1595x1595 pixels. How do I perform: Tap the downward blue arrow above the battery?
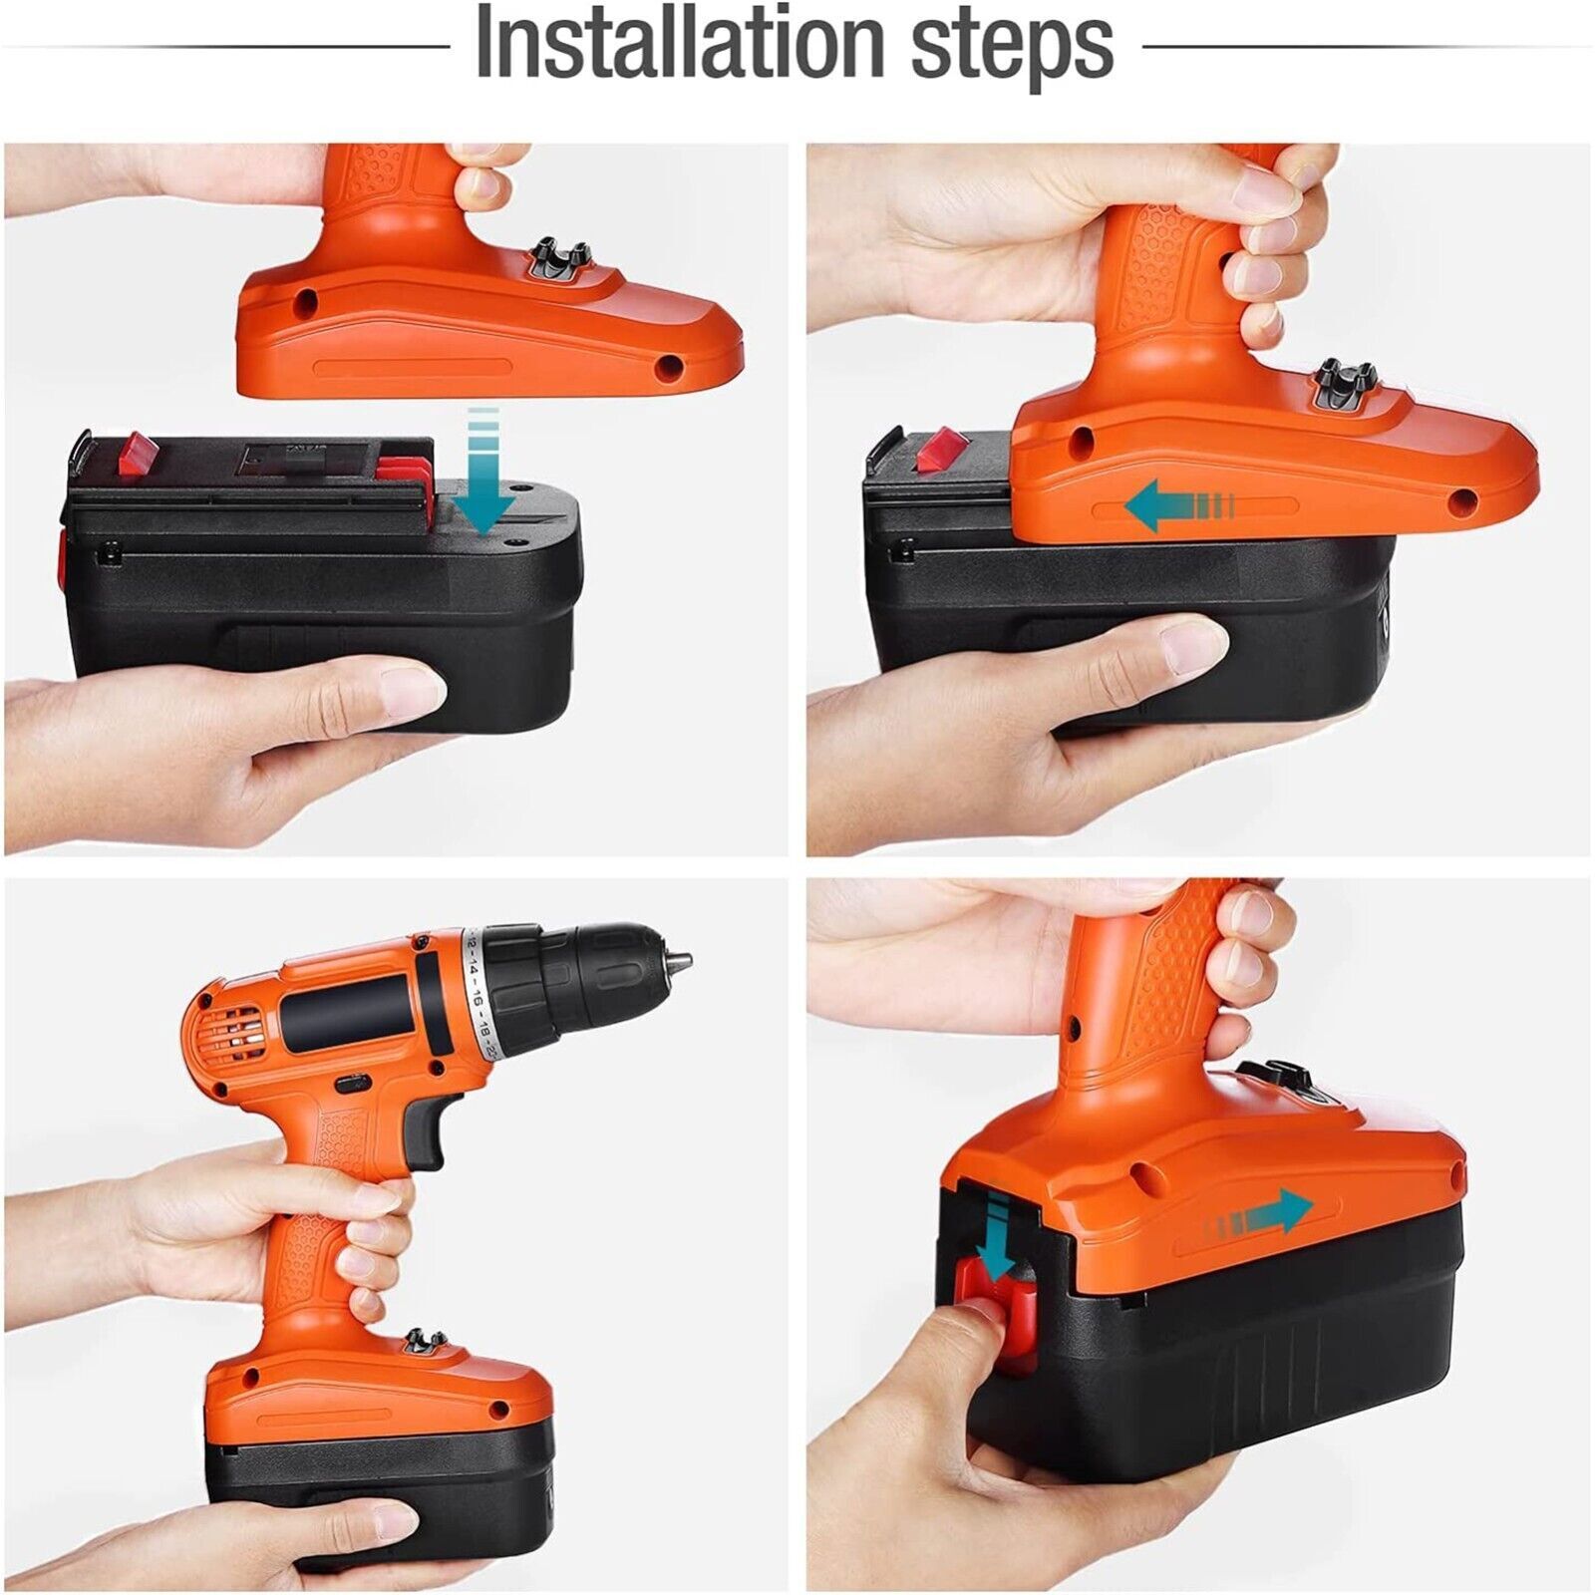click(x=484, y=470)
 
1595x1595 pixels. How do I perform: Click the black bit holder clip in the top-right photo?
click(x=1346, y=385)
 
